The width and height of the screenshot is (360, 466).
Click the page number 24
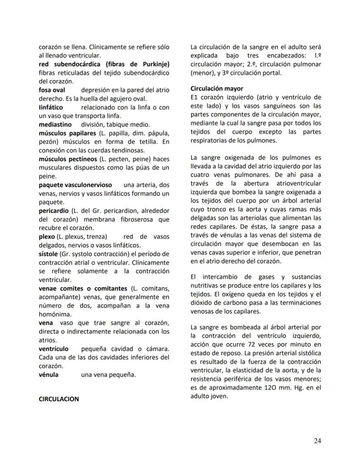tap(317, 440)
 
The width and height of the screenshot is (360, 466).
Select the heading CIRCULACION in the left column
tap(59, 399)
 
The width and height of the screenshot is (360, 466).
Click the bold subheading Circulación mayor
tap(217, 88)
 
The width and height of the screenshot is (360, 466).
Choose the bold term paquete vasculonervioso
tap(75, 185)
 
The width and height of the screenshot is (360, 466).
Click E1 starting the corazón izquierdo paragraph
tap(195, 97)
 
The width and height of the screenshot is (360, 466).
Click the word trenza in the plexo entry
tap(92, 236)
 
